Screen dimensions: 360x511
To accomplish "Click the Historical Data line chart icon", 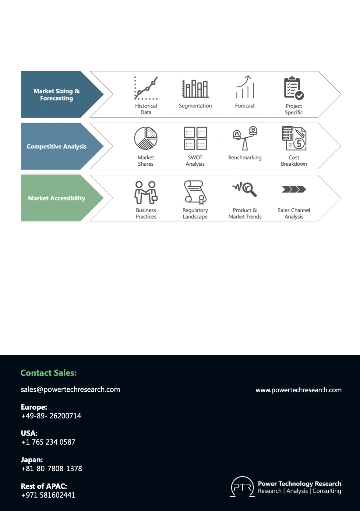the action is click(146, 88).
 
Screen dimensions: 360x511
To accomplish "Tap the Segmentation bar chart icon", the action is click(195, 89).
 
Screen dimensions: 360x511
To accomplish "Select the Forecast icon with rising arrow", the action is click(245, 87).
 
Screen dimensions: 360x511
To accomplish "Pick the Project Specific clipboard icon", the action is click(294, 88).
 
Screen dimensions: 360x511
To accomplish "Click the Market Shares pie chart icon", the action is click(146, 138).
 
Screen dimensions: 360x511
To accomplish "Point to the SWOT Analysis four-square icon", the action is click(196, 138).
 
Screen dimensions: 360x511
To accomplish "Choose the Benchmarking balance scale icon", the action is click(245, 138).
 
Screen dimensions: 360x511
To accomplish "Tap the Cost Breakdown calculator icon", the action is click(294, 138).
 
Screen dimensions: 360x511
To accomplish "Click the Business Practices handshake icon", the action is click(146, 192).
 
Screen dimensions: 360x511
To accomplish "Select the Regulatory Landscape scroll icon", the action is click(195, 192).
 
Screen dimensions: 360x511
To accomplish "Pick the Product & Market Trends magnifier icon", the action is click(245, 189).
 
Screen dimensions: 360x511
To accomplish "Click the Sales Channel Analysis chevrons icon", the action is click(294, 189).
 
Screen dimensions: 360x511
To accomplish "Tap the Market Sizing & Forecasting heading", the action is click(57, 94).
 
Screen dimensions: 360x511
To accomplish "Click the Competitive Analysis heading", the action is click(57, 146).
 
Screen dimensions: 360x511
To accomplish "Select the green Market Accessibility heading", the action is click(57, 198).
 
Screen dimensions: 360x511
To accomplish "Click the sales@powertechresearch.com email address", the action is click(70, 389).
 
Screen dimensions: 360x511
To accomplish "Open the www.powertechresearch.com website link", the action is click(298, 390).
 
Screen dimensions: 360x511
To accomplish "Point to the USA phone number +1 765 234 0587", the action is click(48, 442).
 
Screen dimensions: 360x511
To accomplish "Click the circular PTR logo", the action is click(242, 486).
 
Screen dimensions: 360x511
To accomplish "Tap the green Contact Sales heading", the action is click(48, 373).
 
